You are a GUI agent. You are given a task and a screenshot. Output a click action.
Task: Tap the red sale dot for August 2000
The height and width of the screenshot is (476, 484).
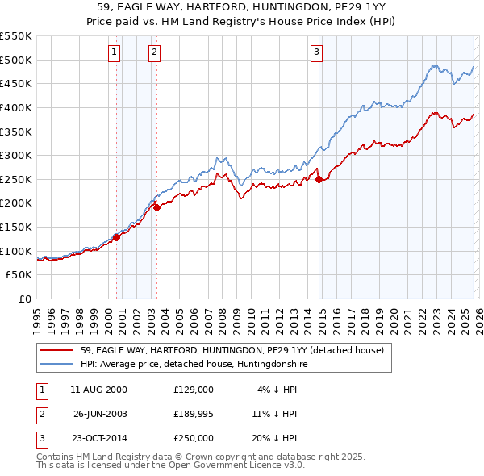tap(116, 237)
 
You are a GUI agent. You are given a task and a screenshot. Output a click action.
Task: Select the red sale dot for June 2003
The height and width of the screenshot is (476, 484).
tap(157, 207)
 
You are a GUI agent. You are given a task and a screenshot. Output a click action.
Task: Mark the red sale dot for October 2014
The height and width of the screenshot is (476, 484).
tap(319, 179)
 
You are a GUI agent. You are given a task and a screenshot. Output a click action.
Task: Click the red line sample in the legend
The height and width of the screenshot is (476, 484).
tap(57, 351)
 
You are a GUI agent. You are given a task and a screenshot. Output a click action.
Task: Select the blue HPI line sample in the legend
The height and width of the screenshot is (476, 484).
tap(57, 365)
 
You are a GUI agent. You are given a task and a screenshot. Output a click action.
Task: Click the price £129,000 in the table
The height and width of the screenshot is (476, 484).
tap(194, 389)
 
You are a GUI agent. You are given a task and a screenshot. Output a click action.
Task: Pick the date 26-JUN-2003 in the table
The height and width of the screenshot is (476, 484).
tap(100, 414)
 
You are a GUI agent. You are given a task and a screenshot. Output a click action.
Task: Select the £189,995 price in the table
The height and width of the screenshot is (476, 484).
tap(194, 414)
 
